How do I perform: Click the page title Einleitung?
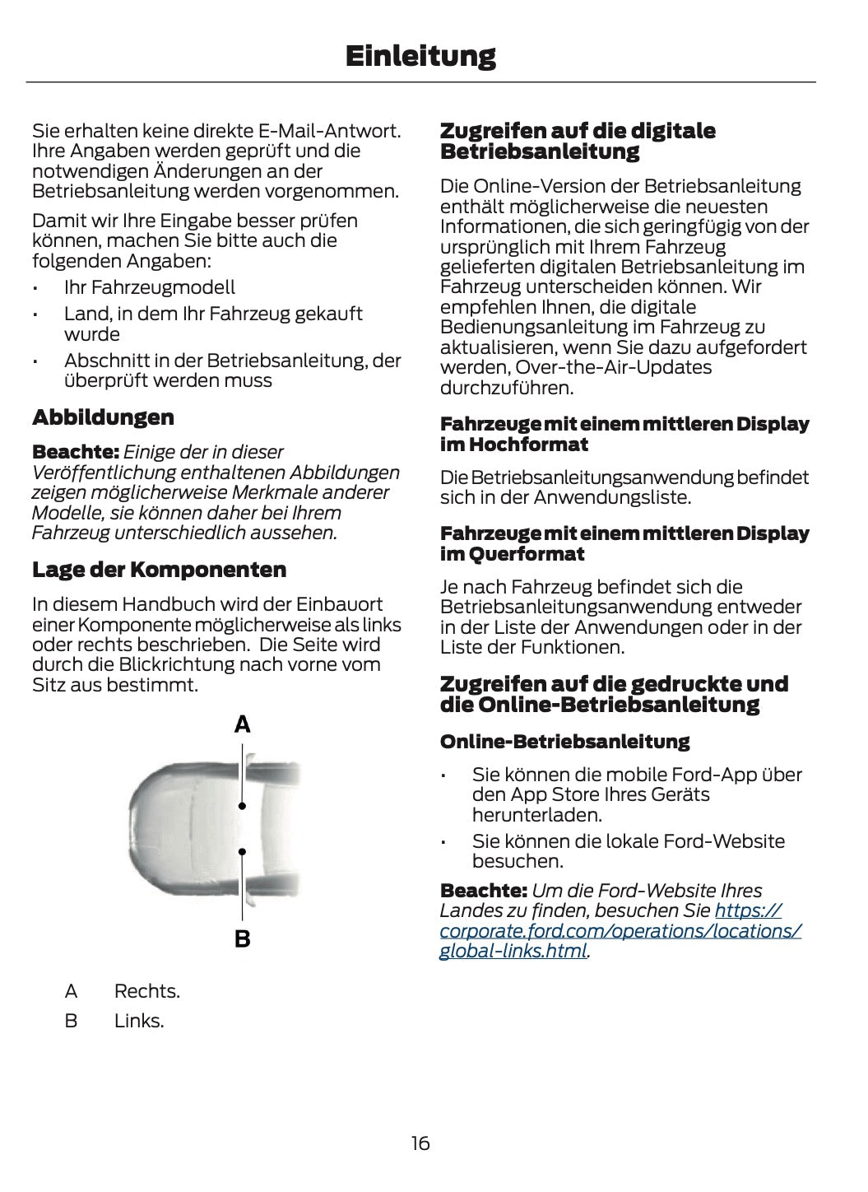420,56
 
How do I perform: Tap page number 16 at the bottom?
420,1143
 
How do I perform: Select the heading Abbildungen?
103,417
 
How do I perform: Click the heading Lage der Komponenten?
159,570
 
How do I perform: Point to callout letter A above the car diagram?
242,724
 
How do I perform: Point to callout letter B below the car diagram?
242,938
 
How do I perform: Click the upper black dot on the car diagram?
242,806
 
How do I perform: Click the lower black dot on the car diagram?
242,852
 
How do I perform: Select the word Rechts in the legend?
146,991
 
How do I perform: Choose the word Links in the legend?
138,1021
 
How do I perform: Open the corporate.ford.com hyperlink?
620,931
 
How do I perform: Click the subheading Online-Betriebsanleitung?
564,742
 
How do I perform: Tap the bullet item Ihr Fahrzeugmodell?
149,287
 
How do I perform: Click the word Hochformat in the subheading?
528,445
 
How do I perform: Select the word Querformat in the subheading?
526,554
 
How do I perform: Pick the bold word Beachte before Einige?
75,452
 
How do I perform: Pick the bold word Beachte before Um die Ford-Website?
483,891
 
